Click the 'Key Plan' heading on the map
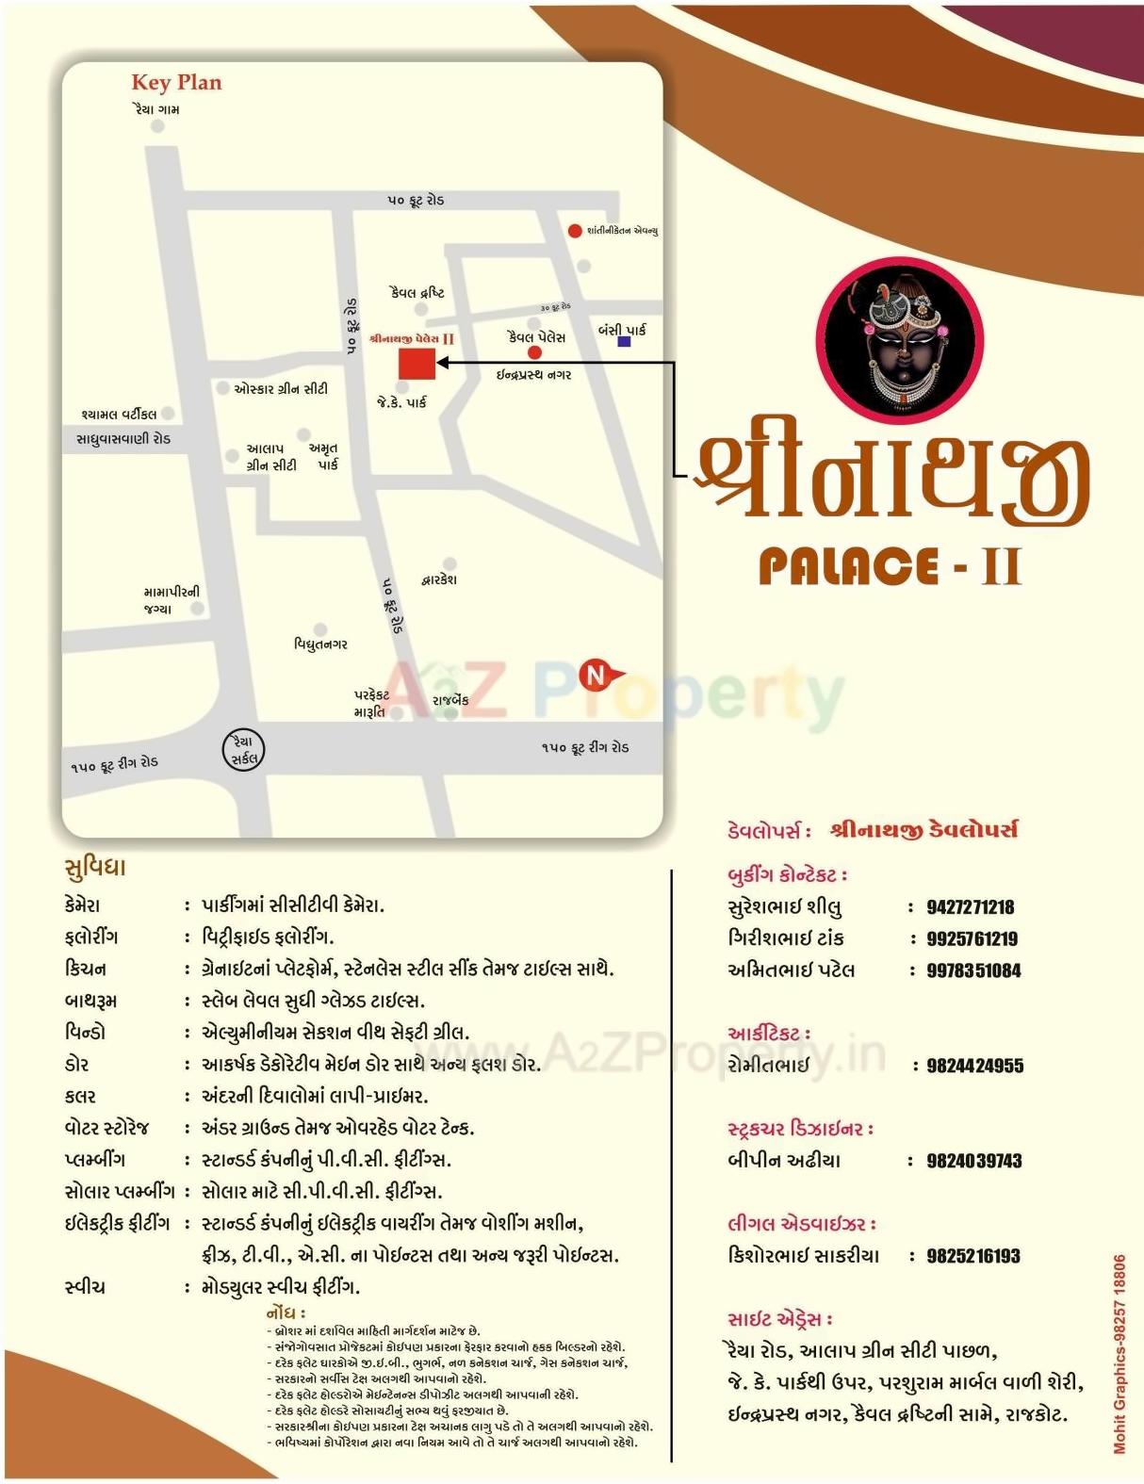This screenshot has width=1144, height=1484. coord(176,83)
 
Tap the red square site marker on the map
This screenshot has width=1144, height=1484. coord(417,363)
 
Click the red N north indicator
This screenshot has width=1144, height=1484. coord(597,675)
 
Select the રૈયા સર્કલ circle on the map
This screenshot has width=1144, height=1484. coord(244,750)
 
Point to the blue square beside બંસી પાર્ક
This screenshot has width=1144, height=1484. coord(624,342)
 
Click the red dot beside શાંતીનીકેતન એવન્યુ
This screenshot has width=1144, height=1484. coord(575,231)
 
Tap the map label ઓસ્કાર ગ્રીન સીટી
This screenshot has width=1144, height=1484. coord(280,388)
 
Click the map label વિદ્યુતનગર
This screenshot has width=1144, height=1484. coord(320,644)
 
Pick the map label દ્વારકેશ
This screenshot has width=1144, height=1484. coord(439,579)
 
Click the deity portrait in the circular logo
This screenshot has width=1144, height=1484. coord(899,339)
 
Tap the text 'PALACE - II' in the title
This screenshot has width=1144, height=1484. coord(890,566)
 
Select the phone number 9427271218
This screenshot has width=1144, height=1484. coord(970,907)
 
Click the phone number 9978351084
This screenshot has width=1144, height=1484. coord(973,970)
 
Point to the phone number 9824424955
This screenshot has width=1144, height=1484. coord(974,1066)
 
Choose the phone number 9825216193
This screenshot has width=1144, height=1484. coord(973,1256)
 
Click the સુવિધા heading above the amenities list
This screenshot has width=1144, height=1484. coord(94,867)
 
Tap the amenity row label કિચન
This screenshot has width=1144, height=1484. coord(86,969)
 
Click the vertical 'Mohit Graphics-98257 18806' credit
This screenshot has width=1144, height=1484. coord(1119,1353)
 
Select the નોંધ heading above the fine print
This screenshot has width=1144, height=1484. coord(286,1313)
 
